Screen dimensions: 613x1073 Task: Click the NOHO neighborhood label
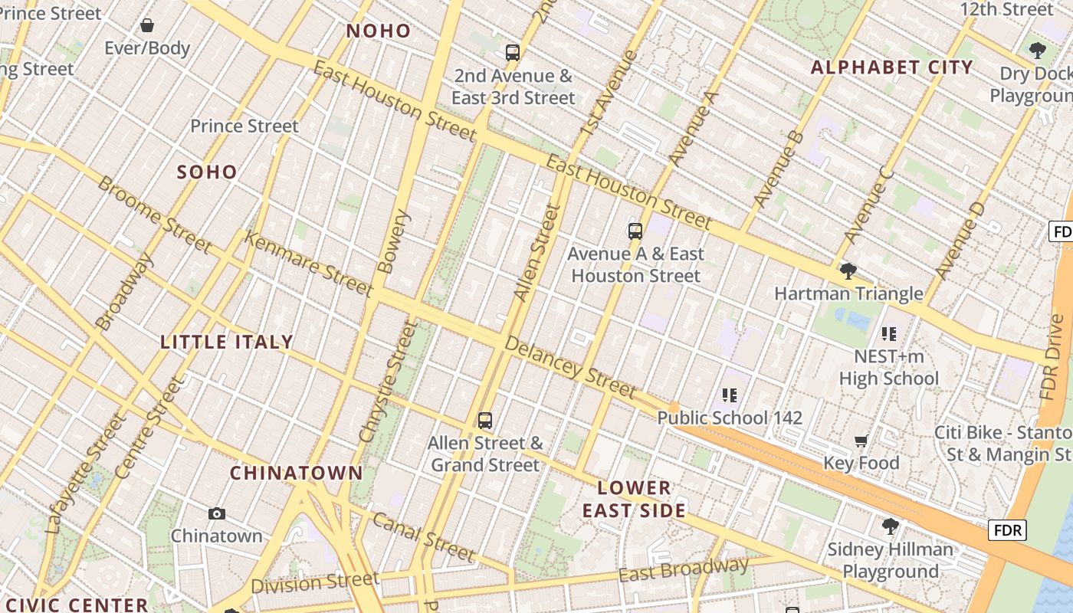coord(379,31)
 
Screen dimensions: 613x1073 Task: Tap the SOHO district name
coord(207,172)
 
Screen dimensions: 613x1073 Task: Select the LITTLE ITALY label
coord(227,342)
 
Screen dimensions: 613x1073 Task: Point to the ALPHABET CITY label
coord(892,67)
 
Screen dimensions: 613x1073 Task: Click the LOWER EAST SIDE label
coord(634,499)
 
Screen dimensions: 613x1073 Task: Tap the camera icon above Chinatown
coord(217,513)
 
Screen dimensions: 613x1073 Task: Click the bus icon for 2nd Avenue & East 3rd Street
coord(513,53)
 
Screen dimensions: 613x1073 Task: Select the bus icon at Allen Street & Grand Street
coord(485,420)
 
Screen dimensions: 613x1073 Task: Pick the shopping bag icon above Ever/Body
coord(147,25)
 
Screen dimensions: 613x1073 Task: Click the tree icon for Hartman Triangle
coord(848,270)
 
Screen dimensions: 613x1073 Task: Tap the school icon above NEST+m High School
coord(889,333)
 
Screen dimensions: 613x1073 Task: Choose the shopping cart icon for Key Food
coord(861,441)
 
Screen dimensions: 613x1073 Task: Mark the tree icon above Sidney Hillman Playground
coord(890,526)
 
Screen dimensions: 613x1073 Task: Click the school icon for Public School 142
coord(730,395)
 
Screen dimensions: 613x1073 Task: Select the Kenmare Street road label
coord(308,263)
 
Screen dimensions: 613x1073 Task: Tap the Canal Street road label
coord(424,536)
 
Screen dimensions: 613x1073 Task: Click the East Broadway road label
coord(684,570)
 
